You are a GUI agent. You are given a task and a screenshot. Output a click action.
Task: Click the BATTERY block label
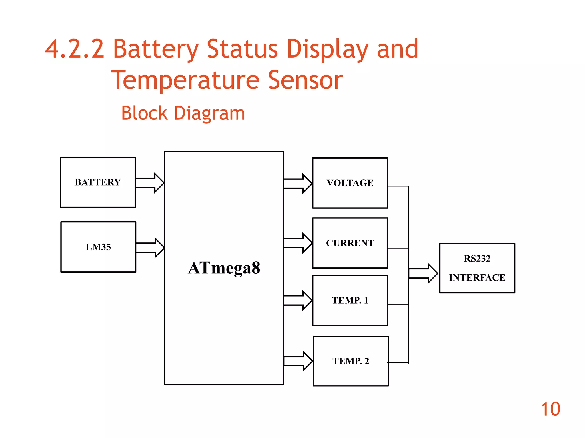tap(98, 182)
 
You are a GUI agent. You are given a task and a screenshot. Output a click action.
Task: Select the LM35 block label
tap(98, 247)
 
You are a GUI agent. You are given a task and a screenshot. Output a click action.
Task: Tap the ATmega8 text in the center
tap(224, 268)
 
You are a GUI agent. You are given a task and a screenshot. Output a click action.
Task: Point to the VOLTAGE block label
tap(350, 183)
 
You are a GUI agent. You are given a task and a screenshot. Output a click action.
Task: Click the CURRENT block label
tap(350, 243)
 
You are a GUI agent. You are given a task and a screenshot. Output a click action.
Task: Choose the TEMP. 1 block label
tap(350, 300)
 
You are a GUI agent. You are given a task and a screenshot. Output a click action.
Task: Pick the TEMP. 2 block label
tap(351, 361)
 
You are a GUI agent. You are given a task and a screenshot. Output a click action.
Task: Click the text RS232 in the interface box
tap(477, 259)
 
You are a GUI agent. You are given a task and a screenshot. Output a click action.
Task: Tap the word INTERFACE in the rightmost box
tap(477, 277)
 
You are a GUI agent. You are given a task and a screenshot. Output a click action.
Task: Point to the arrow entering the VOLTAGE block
tap(298, 184)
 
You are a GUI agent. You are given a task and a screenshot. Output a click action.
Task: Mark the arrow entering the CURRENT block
tap(298, 243)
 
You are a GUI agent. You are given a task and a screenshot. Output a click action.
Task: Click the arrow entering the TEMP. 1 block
tap(298, 301)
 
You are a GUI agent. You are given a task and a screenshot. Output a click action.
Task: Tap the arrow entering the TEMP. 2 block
tap(298, 361)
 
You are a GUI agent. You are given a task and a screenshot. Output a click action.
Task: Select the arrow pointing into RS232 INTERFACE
tap(423, 274)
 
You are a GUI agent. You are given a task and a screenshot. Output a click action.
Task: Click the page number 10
tap(550, 409)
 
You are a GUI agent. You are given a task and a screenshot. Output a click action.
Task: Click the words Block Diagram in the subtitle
tap(183, 113)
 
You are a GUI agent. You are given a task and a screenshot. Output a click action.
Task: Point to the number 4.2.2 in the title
tap(75, 49)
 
